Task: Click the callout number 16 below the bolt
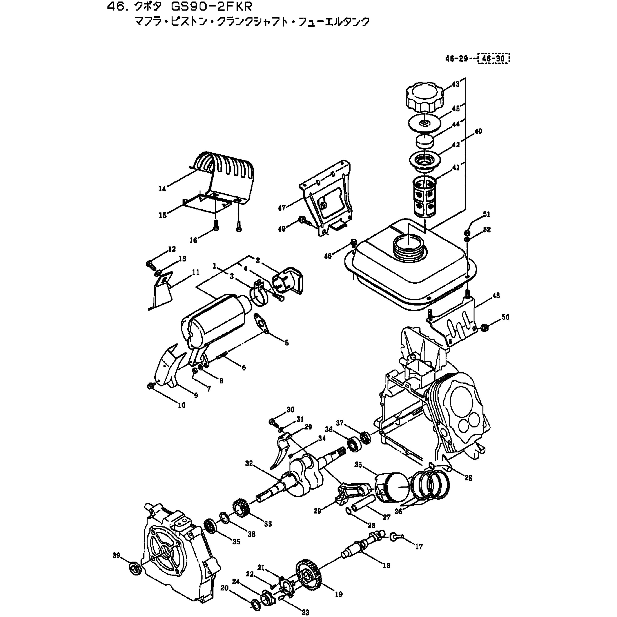[193, 240]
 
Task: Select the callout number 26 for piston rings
[398, 511]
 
